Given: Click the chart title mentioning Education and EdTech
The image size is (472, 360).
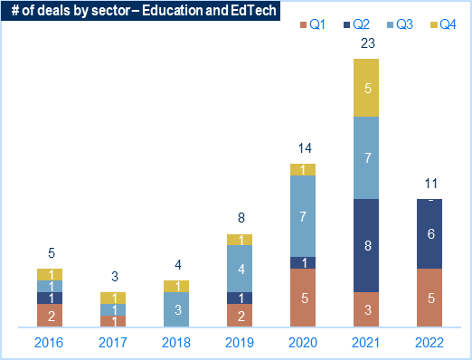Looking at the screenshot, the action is click(144, 11).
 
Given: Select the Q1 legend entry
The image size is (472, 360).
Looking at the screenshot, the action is click(313, 24).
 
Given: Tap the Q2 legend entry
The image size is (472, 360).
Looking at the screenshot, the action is click(356, 24).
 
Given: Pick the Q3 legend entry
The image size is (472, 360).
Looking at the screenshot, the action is click(400, 24).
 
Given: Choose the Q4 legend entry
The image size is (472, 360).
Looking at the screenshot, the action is click(443, 24).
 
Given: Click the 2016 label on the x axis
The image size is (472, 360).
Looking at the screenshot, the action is click(49, 343).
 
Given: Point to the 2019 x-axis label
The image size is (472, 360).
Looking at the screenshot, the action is click(240, 343).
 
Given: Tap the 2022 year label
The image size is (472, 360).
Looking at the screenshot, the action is click(430, 343).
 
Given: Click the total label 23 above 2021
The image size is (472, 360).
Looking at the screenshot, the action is click(368, 43).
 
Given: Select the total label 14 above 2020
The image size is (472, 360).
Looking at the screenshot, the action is click(305, 148).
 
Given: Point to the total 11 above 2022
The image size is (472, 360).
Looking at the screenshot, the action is click(431, 184).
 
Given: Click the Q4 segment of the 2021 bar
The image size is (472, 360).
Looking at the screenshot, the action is click(366, 88).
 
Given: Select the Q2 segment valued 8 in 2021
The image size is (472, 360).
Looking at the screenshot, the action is click(366, 245).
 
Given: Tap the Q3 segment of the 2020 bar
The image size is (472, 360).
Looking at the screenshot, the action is click(303, 216).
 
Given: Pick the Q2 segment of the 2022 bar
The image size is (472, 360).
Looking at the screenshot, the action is click(430, 233).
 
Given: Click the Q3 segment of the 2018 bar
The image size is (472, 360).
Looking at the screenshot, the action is click(176, 309).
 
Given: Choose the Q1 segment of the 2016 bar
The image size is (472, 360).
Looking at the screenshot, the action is click(50, 316).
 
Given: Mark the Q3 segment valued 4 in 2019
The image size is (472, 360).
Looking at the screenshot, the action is click(240, 269).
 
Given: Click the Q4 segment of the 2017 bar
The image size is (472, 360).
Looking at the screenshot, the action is click(113, 298).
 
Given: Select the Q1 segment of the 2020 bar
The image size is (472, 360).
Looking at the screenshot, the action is click(303, 298).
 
